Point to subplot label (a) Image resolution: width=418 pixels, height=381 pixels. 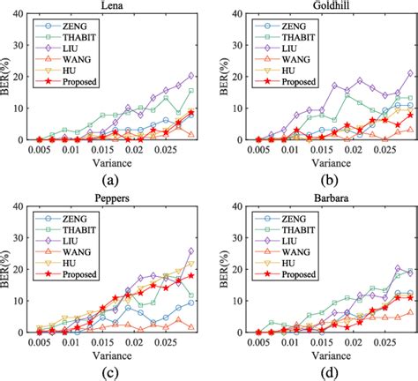coord(112,177)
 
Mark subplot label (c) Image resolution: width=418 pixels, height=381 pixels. coord(112,371)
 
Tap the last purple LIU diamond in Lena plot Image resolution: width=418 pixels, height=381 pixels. coord(191,76)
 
